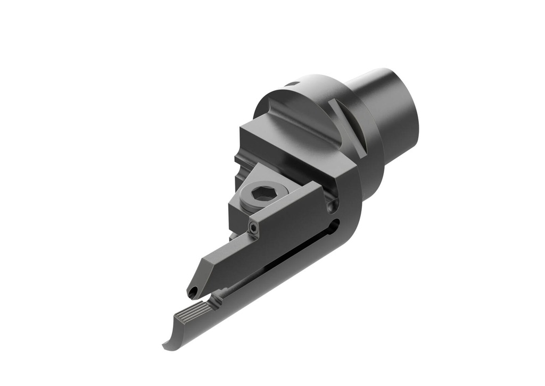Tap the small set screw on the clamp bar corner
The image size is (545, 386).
[x=254, y=228]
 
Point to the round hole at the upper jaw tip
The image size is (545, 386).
[x=193, y=291]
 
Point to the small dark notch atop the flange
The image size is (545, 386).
[x=291, y=83]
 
